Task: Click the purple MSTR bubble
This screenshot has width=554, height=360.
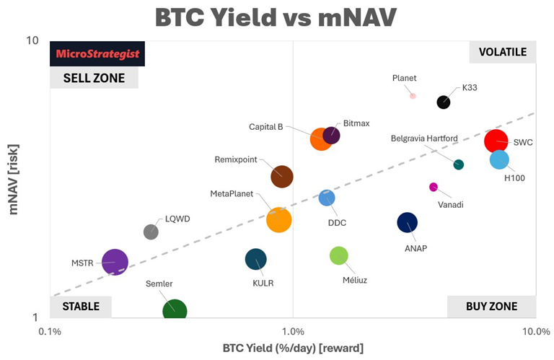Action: click(115, 263)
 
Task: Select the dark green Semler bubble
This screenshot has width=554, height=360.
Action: click(175, 311)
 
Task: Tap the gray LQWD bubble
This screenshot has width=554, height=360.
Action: click(151, 232)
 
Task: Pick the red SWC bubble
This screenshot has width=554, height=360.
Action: click(497, 141)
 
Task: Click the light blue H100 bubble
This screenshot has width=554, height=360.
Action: click(499, 159)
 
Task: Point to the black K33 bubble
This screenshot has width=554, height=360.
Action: click(444, 102)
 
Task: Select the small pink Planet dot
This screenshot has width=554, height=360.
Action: click(413, 95)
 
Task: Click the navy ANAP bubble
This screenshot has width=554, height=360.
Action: click(408, 222)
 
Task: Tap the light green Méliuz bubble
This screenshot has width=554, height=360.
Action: click(339, 255)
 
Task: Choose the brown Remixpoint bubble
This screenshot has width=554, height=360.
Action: click(281, 176)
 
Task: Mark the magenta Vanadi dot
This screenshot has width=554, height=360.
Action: click(434, 187)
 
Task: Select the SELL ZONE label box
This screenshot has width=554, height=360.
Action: click(94, 78)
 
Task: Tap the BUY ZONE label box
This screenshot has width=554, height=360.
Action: click(491, 307)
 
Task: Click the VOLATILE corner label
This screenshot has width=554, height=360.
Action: click(502, 52)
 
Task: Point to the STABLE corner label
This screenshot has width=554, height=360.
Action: click(81, 307)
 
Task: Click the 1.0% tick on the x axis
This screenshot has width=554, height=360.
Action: click(293, 331)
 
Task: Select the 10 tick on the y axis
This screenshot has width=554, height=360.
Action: click(32, 40)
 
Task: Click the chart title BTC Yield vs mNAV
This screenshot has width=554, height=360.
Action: click(278, 17)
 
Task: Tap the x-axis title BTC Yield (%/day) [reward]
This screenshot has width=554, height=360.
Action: click(292, 348)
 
